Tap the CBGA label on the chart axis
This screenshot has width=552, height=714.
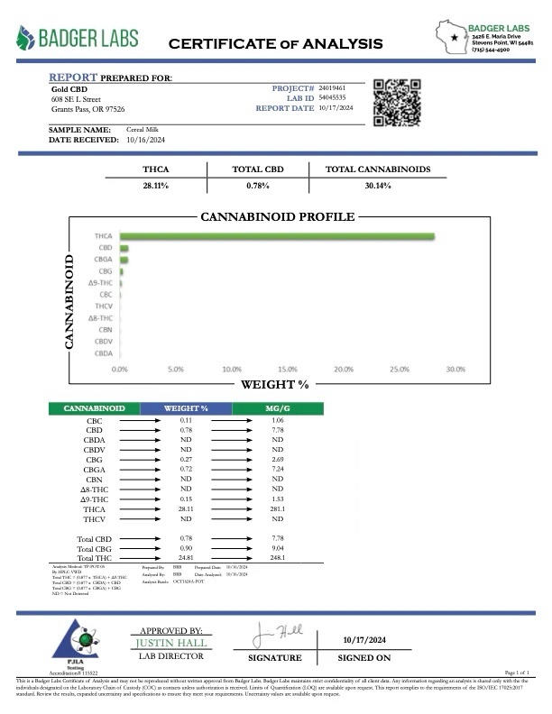pos(103,260)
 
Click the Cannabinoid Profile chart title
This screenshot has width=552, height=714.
pos(277,217)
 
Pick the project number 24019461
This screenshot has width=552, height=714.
pos(332,86)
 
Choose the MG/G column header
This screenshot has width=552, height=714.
pos(278,408)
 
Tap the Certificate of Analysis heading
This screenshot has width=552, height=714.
pos(275,43)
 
